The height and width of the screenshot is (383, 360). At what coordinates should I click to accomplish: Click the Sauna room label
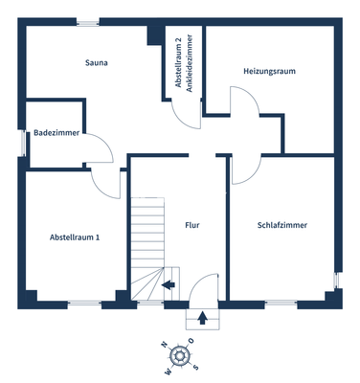pyautogui.click(x=95, y=64)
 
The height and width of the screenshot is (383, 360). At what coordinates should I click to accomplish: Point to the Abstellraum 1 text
pyautogui.click(x=75, y=237)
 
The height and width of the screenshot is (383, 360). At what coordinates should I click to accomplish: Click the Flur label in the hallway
pyautogui.click(x=192, y=225)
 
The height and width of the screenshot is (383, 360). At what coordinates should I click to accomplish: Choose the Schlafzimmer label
pyautogui.click(x=282, y=225)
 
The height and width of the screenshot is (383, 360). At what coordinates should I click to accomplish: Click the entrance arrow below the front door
pyautogui.click(x=203, y=319)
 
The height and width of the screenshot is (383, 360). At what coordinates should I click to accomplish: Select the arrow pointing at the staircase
pyautogui.click(x=169, y=283)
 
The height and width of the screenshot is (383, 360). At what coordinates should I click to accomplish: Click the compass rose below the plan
pyautogui.click(x=180, y=355)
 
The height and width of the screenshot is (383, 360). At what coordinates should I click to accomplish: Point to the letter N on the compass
pyautogui.click(x=165, y=344)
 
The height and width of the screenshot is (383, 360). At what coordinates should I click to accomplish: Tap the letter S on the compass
pyautogui.click(x=196, y=367)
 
